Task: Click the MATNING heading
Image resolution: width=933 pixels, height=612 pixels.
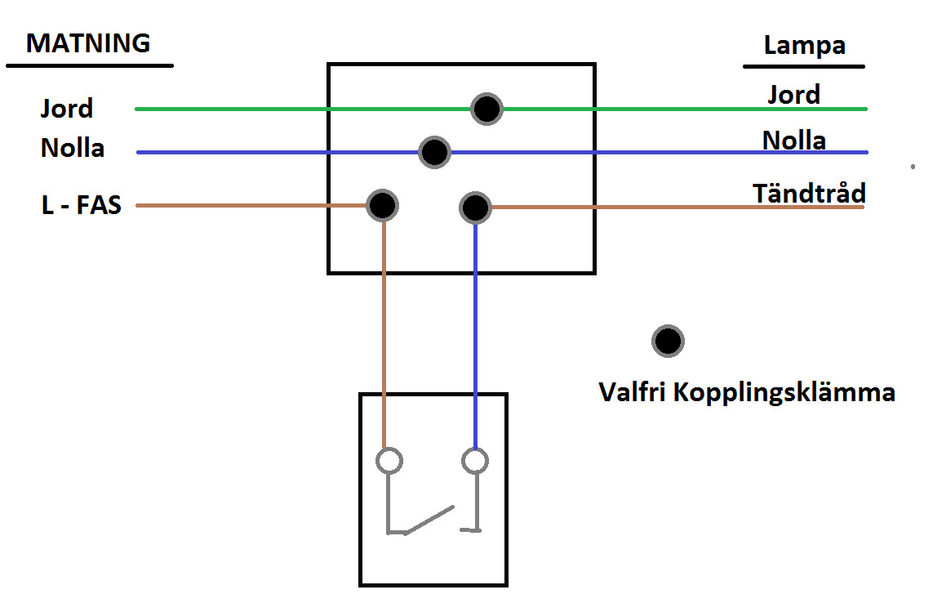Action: [x=88, y=42]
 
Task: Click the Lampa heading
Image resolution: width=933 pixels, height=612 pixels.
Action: [x=804, y=46]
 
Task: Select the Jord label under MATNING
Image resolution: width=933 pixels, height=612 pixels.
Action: [x=67, y=109]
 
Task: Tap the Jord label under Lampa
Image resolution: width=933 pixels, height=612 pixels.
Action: [x=793, y=95]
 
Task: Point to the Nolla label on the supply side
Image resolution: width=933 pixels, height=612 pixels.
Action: [x=73, y=149]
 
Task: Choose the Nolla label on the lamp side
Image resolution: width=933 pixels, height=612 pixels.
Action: [x=793, y=141]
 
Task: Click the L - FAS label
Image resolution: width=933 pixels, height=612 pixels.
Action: [x=81, y=204]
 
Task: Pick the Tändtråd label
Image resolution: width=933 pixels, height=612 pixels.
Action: [x=809, y=194]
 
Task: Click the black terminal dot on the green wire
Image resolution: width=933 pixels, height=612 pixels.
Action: [x=487, y=109]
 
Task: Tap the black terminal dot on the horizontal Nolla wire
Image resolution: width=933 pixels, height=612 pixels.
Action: [x=434, y=152]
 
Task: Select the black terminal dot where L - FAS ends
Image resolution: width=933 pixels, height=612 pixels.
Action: [x=382, y=206]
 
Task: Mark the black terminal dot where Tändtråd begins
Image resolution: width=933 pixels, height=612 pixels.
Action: [x=475, y=208]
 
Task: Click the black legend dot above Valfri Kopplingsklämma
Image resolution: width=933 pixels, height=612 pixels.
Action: [x=668, y=342]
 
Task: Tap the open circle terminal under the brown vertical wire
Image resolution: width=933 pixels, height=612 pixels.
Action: [x=389, y=461]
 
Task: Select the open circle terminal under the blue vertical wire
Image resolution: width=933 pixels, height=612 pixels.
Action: [x=475, y=461]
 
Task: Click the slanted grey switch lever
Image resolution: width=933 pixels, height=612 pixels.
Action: [x=429, y=520]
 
